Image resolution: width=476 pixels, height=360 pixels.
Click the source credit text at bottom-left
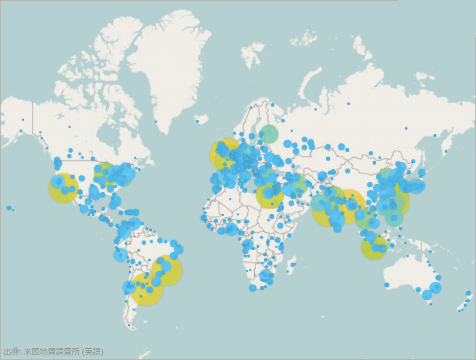click(53, 351)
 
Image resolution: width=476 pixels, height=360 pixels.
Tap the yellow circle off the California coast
click(63, 188)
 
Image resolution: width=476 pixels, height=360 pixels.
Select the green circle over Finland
click(269, 133)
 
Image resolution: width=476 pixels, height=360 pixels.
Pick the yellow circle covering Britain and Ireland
click(225, 155)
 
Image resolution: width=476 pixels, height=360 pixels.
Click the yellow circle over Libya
click(270, 195)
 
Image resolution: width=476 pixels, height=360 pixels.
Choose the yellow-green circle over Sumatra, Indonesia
click(374, 247)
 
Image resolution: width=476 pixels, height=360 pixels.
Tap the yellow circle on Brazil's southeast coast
click(167, 271)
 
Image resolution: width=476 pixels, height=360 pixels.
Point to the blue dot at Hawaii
click(9, 208)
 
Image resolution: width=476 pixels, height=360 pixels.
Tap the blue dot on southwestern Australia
click(387, 285)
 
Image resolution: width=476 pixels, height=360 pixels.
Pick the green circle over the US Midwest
click(105, 173)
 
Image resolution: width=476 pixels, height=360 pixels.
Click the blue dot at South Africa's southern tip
click(253, 289)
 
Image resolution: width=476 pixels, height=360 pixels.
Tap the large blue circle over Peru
click(121, 255)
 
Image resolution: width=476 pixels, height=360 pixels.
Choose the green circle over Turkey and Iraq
click(296, 185)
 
